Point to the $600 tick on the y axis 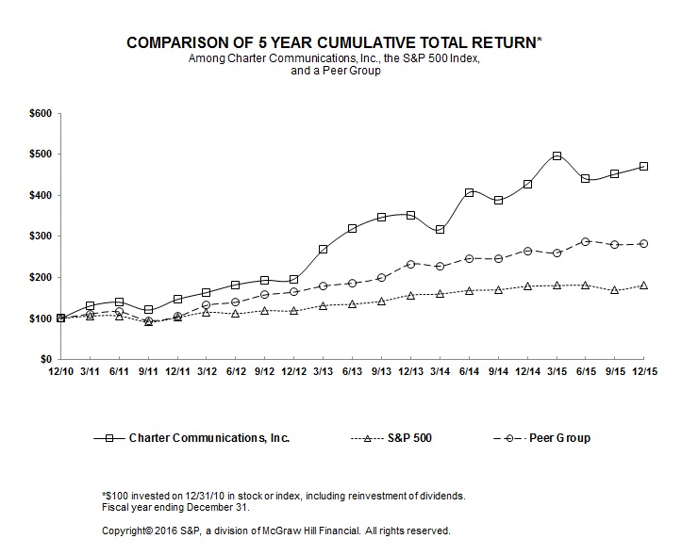tap(41, 113)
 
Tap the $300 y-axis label tap(41, 237)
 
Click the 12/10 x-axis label tap(61, 374)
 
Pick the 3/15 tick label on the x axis tap(557, 374)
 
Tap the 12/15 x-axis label tap(644, 374)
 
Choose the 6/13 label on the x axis tap(353, 374)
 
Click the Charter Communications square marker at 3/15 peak tap(557, 155)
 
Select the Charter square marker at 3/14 tap(440, 229)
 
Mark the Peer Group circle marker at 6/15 tap(586, 241)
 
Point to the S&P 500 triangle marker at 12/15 tap(644, 285)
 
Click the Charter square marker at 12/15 tap(644, 166)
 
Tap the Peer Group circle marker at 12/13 tap(410, 264)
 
